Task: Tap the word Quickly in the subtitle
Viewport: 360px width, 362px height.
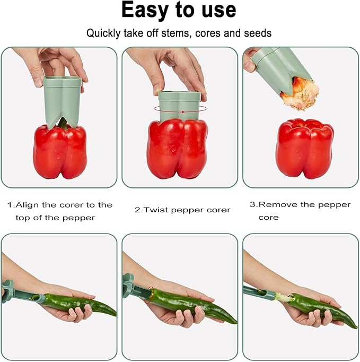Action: pos(104,33)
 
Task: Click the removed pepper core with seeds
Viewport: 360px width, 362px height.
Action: pos(301,93)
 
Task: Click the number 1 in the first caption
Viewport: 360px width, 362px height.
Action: pos(10,205)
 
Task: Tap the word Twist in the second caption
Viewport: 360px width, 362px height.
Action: pos(154,210)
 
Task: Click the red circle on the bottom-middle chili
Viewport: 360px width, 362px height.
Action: pos(151,294)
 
